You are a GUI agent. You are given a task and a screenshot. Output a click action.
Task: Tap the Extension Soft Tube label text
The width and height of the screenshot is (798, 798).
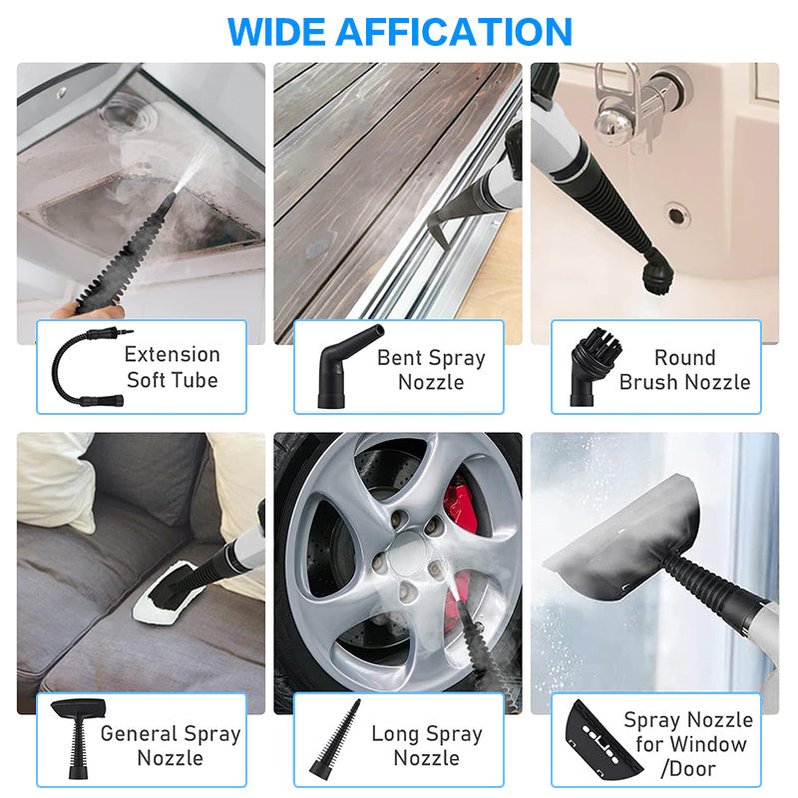pos(172,366)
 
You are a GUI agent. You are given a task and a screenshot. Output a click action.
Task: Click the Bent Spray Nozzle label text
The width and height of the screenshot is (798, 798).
pos(431,369)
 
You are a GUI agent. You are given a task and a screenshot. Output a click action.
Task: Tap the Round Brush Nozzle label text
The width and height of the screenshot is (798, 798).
pos(684,369)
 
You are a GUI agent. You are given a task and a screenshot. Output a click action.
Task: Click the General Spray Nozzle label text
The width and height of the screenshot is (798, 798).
pos(171,746)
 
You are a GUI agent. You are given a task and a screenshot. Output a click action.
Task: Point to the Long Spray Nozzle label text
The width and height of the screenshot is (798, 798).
pos(426,745)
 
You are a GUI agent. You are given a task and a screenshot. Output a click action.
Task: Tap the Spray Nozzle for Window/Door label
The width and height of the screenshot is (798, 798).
pos(688,744)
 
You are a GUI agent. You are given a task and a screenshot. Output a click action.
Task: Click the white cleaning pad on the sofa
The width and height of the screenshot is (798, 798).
pos(175,598)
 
